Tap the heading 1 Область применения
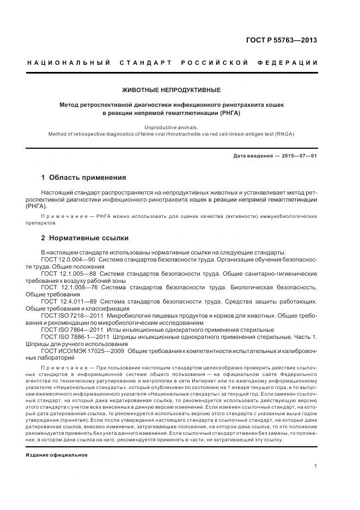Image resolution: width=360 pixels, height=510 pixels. click(83, 178)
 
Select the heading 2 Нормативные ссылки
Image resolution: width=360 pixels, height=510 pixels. click(84, 238)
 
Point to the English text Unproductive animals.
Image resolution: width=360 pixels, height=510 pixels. click(180, 126)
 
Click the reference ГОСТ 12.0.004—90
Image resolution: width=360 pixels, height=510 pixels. click(68, 260)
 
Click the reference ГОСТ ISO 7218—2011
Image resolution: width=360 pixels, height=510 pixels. click(72, 315)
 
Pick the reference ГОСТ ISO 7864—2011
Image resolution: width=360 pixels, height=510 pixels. click(72, 330)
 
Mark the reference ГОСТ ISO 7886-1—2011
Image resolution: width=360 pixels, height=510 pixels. click(75, 337)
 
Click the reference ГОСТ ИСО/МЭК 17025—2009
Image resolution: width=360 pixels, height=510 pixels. click(83, 351)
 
